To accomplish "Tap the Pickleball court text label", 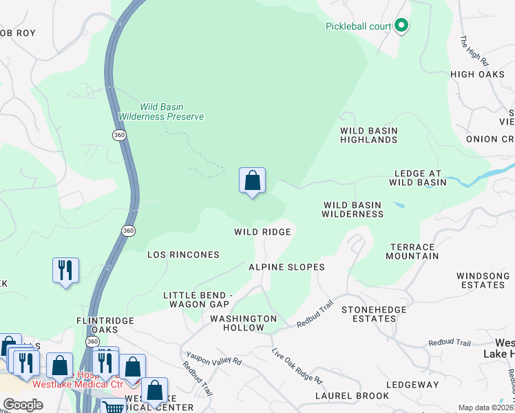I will click(358, 27).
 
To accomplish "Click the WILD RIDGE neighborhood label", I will click(262, 233).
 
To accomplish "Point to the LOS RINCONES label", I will click(183, 255).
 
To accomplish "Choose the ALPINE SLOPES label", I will click(286, 267).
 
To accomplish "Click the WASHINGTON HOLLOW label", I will click(243, 324).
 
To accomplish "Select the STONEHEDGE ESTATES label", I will click(374, 315).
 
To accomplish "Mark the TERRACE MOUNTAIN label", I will click(413, 251).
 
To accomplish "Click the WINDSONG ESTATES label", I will click(483, 280).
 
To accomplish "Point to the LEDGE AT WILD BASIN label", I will click(420, 178).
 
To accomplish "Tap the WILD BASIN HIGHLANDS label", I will click(369, 135).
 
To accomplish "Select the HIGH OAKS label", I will click(477, 74).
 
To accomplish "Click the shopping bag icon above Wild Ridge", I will click(253, 181).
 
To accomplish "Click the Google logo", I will click(23, 405).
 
